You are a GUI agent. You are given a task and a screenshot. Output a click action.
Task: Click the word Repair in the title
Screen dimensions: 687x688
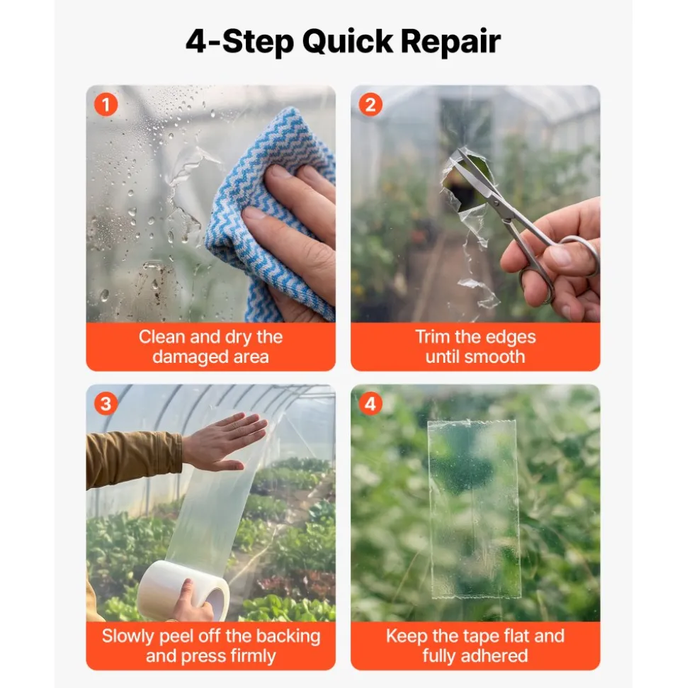[x=450, y=42]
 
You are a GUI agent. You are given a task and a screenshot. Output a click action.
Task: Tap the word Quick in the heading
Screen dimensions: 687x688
[x=348, y=42]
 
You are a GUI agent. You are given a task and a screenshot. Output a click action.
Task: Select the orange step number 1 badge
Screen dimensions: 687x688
[x=106, y=104]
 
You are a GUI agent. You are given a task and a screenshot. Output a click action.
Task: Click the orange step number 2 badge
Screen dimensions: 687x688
[x=370, y=104]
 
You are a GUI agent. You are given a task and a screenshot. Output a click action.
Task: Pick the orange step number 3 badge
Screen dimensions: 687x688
[x=106, y=404]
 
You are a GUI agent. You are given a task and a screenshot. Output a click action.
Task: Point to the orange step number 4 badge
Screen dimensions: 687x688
[x=370, y=404]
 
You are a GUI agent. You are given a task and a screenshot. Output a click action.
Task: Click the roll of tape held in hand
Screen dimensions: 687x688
[x=183, y=590]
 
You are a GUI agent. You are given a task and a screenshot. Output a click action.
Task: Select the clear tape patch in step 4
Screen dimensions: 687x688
[x=474, y=509]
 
